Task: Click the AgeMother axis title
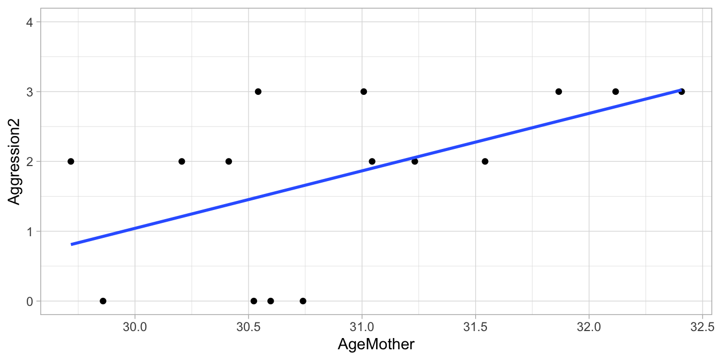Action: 376,344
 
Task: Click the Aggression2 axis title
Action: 15,161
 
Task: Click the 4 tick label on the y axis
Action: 29,22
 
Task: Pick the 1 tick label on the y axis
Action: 29,231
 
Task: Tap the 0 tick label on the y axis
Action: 29,301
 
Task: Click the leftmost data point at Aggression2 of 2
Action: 71,161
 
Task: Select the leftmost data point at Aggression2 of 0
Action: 103,301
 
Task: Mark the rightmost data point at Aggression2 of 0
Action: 303,301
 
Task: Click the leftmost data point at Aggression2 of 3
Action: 258,92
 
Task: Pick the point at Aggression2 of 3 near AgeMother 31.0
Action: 364,92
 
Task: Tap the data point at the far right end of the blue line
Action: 681,92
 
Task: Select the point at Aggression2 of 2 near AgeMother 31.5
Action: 485,161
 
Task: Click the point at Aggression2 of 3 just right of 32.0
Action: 616,92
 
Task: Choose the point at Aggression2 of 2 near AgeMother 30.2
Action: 182,161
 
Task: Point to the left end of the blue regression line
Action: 72,244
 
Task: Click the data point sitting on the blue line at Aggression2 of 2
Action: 415,161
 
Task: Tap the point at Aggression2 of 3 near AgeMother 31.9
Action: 559,92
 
